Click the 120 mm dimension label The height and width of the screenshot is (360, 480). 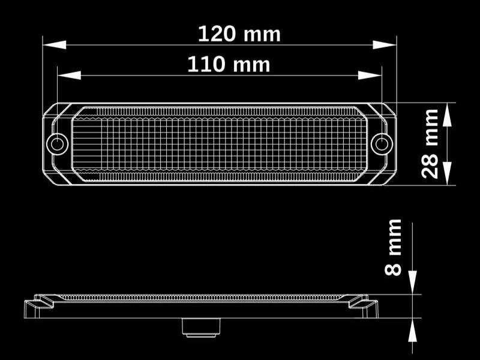pos(239,34)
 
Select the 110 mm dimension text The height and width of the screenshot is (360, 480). pos(229,64)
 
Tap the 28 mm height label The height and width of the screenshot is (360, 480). pos(430,143)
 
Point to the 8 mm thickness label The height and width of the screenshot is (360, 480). pos(393,247)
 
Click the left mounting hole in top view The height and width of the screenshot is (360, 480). pos(57,144)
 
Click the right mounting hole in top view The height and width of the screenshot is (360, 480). pos(382,144)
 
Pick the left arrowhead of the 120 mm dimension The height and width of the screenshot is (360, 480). pos(55,44)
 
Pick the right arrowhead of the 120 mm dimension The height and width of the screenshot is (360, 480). pos(385,44)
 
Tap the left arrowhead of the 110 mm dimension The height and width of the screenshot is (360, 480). pos(69,75)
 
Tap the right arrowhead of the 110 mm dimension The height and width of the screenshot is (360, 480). pos(370,75)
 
